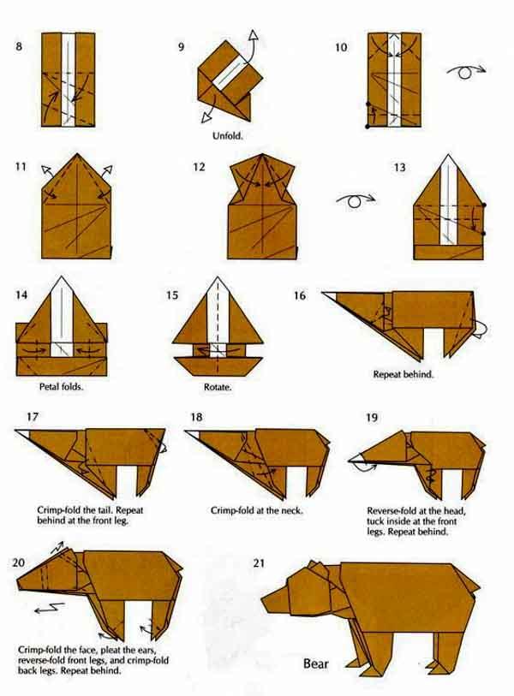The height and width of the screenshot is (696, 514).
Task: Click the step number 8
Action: point(19,46)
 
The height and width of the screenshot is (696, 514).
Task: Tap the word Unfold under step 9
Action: point(228,136)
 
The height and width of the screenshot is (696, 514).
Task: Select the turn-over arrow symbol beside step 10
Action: point(466,71)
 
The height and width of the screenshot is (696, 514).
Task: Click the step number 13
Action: point(399,167)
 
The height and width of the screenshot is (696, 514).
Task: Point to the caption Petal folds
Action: point(62,387)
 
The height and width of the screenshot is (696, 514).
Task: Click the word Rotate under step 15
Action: point(218,387)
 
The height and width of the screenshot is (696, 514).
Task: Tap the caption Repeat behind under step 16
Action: point(403,374)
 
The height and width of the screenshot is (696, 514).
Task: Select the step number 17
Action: point(33,417)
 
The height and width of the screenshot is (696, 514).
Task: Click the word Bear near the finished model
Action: point(316,664)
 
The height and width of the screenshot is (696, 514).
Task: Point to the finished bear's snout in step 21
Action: point(269,604)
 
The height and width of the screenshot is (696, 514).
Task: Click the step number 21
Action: point(259,562)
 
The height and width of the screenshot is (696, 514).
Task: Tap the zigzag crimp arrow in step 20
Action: point(50,608)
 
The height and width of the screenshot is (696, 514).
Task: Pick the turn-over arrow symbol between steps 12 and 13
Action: point(356,200)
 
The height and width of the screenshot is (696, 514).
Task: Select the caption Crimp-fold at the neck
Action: point(256,510)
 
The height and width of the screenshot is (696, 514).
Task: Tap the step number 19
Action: point(372,417)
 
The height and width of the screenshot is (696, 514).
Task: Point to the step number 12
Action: point(199,167)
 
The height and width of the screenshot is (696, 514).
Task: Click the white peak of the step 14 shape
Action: point(62,283)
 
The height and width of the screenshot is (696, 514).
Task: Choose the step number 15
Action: point(172,295)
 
